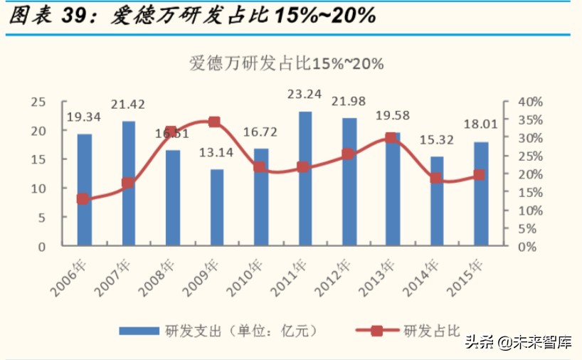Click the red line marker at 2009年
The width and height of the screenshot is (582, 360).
[x=214, y=122]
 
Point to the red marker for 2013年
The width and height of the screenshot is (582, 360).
[x=391, y=138]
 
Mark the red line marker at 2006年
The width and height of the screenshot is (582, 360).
[x=83, y=199]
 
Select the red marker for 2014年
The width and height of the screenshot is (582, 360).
[x=435, y=178]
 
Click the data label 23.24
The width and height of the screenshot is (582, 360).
[x=305, y=93]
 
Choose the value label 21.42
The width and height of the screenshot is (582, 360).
[x=128, y=105]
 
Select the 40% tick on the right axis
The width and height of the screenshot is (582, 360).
[x=530, y=102]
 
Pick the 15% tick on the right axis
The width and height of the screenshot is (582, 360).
[x=530, y=192]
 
